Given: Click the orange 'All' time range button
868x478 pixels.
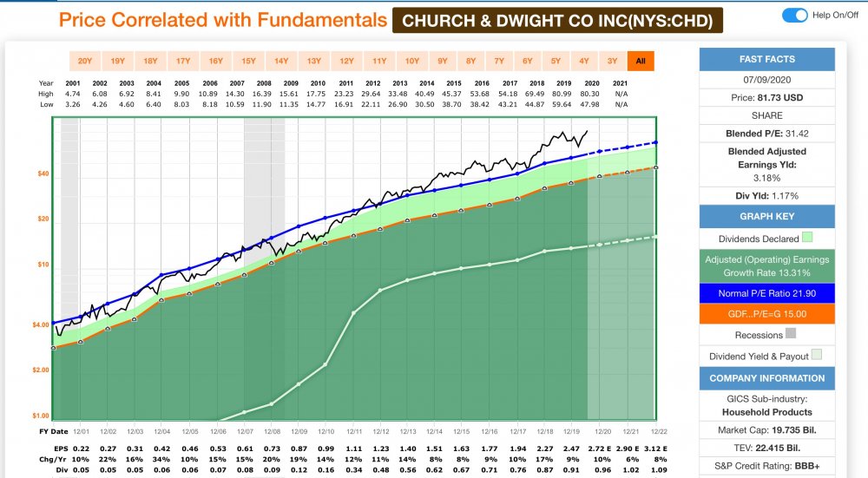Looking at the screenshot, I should pyautogui.click(x=641, y=61).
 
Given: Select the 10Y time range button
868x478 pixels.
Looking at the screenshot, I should pyautogui.click(x=412, y=61).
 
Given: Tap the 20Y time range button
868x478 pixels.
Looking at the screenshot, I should pyautogui.click(x=84, y=61).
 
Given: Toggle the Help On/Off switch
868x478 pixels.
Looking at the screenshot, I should pyautogui.click(x=794, y=15).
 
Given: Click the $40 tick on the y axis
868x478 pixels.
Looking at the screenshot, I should pyautogui.click(x=43, y=174).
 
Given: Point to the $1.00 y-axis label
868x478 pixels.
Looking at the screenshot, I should pyautogui.click(x=42, y=415).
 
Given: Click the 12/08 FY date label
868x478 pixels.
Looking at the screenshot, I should pyautogui.click(x=272, y=431).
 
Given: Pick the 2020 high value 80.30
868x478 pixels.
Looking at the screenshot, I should pyautogui.click(x=590, y=93).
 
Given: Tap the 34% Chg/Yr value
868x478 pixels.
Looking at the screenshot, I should pyautogui.click(x=161, y=460).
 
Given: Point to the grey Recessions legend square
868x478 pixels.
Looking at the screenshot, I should pyautogui.click(x=790, y=334).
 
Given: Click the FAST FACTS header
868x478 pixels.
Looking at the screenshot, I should pyautogui.click(x=767, y=60).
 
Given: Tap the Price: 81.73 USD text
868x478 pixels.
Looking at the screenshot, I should pyautogui.click(x=767, y=98).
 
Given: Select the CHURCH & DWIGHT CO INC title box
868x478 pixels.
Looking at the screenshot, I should pyautogui.click(x=557, y=20).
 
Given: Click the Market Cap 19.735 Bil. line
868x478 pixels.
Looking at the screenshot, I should pyautogui.click(x=767, y=430).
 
